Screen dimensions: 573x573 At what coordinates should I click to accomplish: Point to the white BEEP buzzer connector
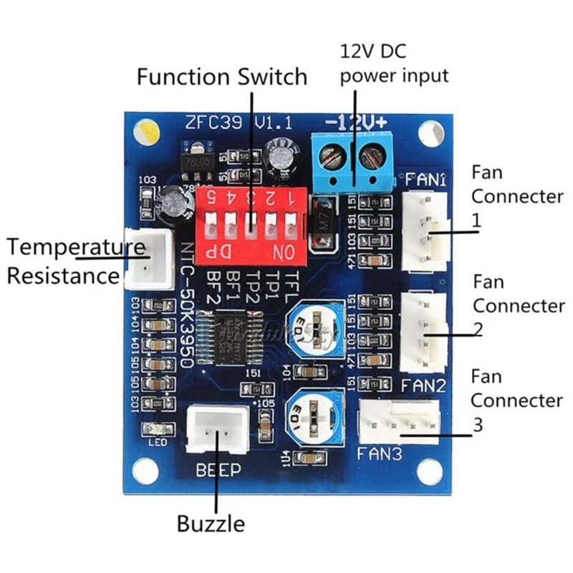point(216,430)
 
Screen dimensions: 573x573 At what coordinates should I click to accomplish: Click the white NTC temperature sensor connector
point(149,258)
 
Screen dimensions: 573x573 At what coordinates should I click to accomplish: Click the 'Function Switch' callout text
point(221,76)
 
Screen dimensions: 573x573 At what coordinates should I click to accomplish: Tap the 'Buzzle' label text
point(211,524)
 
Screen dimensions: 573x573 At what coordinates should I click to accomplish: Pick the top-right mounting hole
point(430,131)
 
